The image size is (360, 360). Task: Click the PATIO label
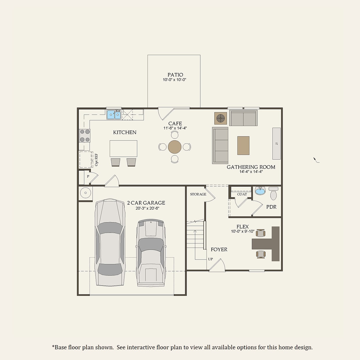click(175, 75)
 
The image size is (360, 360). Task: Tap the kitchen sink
click(114, 115)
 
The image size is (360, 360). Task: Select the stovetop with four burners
click(85, 136)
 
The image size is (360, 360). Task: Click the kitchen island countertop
click(123, 148)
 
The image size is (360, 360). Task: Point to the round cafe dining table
click(174, 147)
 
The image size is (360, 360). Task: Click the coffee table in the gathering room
click(243, 145)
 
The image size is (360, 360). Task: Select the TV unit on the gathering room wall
click(276, 143)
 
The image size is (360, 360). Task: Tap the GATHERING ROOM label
click(251, 167)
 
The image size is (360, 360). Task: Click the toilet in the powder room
click(273, 194)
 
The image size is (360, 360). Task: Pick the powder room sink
click(260, 191)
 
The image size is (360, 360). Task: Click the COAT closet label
click(242, 194)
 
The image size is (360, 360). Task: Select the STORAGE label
click(198, 194)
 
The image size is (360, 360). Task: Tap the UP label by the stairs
click(210, 259)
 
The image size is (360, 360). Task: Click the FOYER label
click(219, 249)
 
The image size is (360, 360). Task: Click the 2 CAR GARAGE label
click(146, 203)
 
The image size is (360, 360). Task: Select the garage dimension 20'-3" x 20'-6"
click(147, 208)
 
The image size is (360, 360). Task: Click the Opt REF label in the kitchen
click(96, 160)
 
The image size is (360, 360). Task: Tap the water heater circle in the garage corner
click(85, 193)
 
